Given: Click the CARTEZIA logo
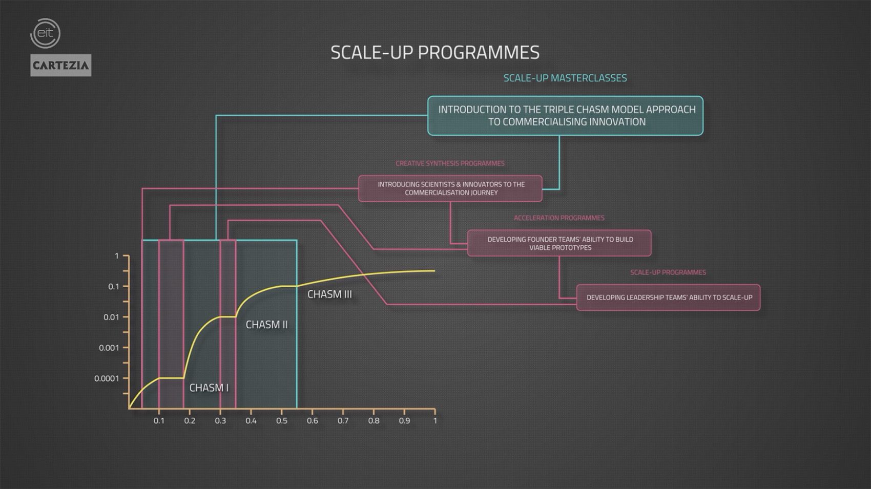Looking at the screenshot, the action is click(x=60, y=65).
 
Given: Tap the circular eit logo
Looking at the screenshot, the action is click(x=46, y=33).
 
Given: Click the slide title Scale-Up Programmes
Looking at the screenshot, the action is click(x=435, y=52).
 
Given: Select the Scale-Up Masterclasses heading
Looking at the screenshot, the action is click(x=565, y=78).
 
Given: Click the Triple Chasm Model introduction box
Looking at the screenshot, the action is click(x=565, y=115).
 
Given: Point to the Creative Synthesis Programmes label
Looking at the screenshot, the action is click(x=450, y=163).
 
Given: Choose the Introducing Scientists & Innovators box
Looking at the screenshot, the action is click(x=450, y=188).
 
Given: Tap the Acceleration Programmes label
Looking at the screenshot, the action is click(x=559, y=218).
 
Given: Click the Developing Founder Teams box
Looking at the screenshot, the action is click(x=559, y=243).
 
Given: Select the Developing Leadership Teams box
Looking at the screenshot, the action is click(x=668, y=297).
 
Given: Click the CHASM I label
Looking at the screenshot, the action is click(x=209, y=388).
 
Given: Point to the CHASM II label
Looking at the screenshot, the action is click(x=266, y=325).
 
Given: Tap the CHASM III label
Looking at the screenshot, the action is click(x=329, y=294).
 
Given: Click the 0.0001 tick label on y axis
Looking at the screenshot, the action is click(x=107, y=378).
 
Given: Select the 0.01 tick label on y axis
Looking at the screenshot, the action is click(x=111, y=317).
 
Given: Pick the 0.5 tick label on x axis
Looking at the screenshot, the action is click(x=281, y=420).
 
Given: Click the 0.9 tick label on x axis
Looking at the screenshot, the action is click(x=404, y=420).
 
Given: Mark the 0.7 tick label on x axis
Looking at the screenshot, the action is click(x=343, y=420).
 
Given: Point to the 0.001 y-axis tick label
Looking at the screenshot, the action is click(x=109, y=348).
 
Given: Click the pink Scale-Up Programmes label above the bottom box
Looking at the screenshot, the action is click(x=668, y=272).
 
